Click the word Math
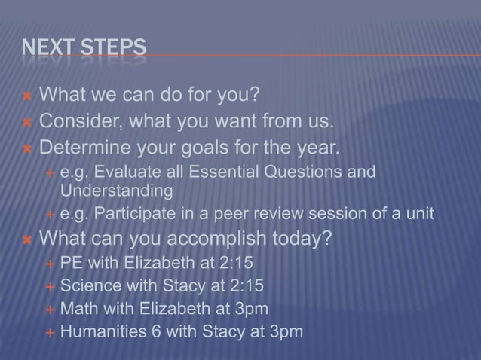click(77, 308)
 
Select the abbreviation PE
click(72, 264)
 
